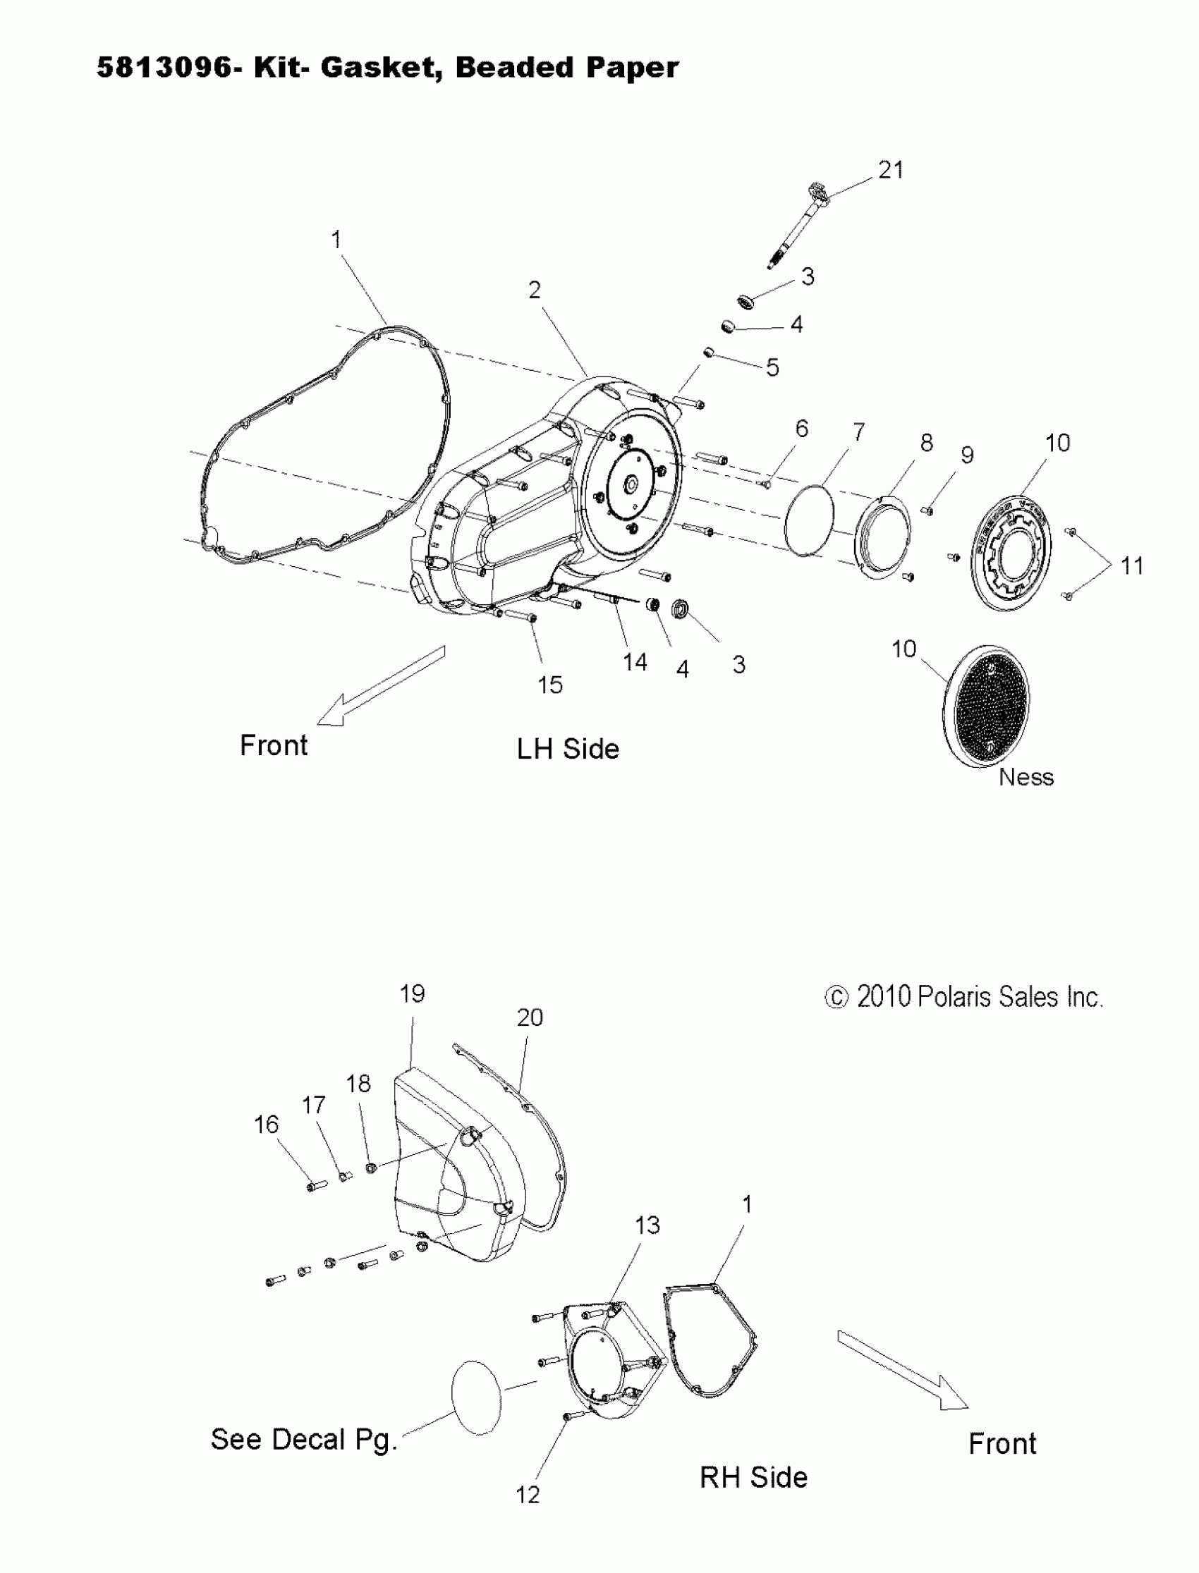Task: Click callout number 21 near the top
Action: (x=891, y=170)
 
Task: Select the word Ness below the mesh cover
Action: (x=1025, y=777)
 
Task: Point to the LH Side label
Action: (x=567, y=749)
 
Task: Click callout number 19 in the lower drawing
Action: (x=412, y=993)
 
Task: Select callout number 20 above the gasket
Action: (x=530, y=1017)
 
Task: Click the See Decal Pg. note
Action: (x=303, y=1440)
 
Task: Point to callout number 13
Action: (x=647, y=1225)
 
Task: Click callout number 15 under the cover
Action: (x=549, y=685)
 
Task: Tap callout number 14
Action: (x=635, y=662)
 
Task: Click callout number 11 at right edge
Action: (x=1132, y=565)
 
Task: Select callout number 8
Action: (x=926, y=443)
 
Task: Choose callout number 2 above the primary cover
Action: (x=535, y=290)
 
